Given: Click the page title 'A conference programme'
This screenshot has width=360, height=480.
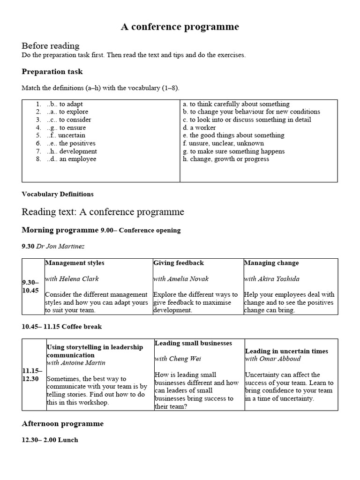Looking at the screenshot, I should [x=180, y=27].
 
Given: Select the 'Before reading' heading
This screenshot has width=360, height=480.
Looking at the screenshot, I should [x=51, y=46].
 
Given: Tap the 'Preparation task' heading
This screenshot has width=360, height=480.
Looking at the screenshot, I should [x=52, y=72].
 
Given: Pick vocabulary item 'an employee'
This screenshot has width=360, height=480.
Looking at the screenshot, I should [x=77, y=159].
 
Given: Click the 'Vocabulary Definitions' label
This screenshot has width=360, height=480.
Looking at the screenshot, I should [x=58, y=194].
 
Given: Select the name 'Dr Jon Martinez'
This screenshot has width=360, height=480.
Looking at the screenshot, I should [x=60, y=246].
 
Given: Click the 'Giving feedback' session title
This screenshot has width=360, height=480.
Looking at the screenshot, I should [x=179, y=263].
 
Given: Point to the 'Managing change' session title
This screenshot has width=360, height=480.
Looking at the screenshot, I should [x=271, y=263].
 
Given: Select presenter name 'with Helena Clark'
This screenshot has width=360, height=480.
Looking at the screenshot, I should [x=72, y=279].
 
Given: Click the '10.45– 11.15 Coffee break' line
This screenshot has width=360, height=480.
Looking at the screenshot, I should [x=62, y=326].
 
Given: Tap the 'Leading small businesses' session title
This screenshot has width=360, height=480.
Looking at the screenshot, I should [x=187, y=343].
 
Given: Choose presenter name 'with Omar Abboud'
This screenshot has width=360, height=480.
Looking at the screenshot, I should [x=273, y=359].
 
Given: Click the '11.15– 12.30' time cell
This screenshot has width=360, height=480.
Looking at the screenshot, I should [x=32, y=375].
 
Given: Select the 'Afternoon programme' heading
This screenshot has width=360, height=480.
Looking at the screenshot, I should [x=63, y=424].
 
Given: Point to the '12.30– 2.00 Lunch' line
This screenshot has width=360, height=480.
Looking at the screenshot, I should [x=50, y=440].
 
